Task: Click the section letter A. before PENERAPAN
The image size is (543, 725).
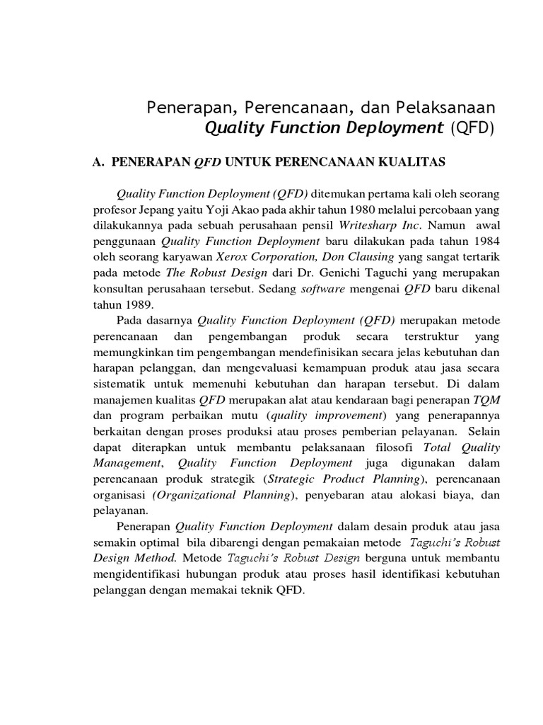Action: point(98,162)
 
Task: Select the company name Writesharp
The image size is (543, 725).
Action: point(370,226)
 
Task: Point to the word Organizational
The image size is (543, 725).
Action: point(189,495)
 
